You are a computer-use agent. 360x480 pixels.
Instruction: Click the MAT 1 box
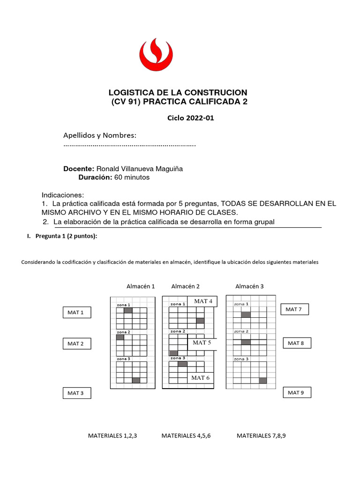click(x=76, y=312)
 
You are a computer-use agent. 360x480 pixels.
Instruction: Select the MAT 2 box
click(x=76, y=344)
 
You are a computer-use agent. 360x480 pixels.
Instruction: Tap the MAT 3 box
click(x=76, y=393)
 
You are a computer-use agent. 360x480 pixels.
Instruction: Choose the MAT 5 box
click(x=202, y=343)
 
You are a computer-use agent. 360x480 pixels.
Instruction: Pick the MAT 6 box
click(x=201, y=377)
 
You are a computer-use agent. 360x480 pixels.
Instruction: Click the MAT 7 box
click(x=294, y=309)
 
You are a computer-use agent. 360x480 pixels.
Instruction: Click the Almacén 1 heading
click(x=141, y=286)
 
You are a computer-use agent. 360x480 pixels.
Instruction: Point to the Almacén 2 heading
click(x=186, y=286)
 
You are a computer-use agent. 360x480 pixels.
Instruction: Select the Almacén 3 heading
click(x=250, y=286)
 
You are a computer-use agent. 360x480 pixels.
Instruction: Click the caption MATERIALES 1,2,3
click(x=112, y=435)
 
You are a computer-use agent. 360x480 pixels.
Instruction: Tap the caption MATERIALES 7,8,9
click(x=261, y=435)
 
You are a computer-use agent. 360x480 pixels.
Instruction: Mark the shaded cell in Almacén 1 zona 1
click(x=128, y=310)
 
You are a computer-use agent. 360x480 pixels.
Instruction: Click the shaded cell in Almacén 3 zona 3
click(x=263, y=380)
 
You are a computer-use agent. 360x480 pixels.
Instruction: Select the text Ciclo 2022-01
click(x=190, y=118)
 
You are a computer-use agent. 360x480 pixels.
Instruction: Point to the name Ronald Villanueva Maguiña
click(x=140, y=169)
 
